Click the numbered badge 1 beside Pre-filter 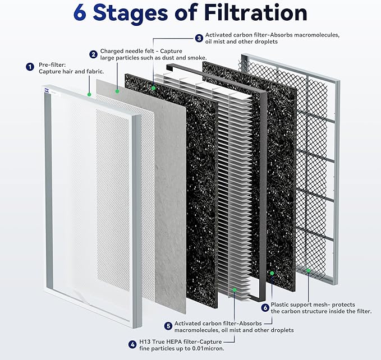30,67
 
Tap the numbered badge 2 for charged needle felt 93,54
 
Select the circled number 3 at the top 199,38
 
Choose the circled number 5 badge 168,325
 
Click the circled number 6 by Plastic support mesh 265,307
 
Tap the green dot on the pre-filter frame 89,95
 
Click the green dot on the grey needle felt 117,90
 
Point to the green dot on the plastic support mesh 308,270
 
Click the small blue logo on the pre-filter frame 45,89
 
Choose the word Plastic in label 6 282,303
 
